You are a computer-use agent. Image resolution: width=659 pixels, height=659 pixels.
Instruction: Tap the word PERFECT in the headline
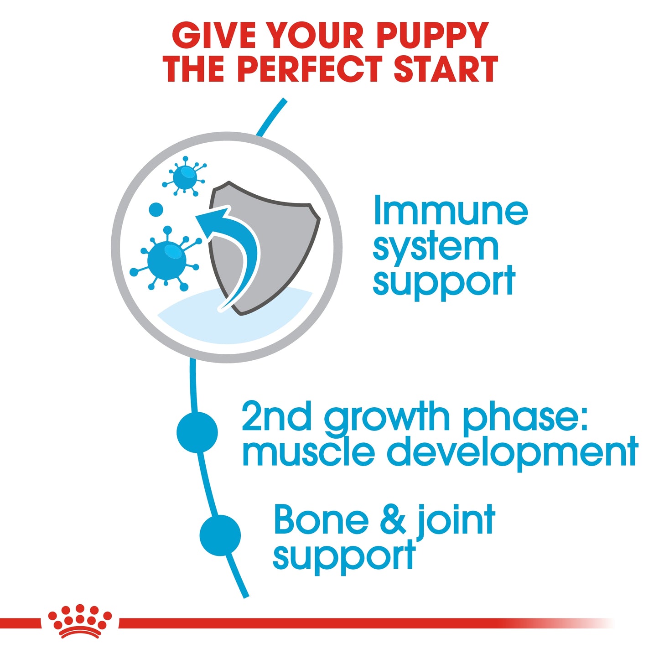point(310,69)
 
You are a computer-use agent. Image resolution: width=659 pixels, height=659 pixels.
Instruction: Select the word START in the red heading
point(445,69)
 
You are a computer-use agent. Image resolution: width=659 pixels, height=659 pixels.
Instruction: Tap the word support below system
point(444,282)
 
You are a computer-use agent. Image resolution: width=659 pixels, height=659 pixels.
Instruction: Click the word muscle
point(308,451)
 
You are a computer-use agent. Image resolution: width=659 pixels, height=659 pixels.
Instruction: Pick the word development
point(512,451)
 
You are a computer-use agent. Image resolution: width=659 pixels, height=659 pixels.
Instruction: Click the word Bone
point(321,520)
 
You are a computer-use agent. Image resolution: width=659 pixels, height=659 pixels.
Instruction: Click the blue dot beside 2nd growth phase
point(197,432)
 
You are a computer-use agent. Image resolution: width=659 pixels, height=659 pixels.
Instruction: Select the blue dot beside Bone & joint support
point(220,535)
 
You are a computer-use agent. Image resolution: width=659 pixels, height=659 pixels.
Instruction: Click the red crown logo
point(80,621)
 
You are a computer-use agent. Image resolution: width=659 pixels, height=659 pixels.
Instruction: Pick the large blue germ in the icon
point(166,259)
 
